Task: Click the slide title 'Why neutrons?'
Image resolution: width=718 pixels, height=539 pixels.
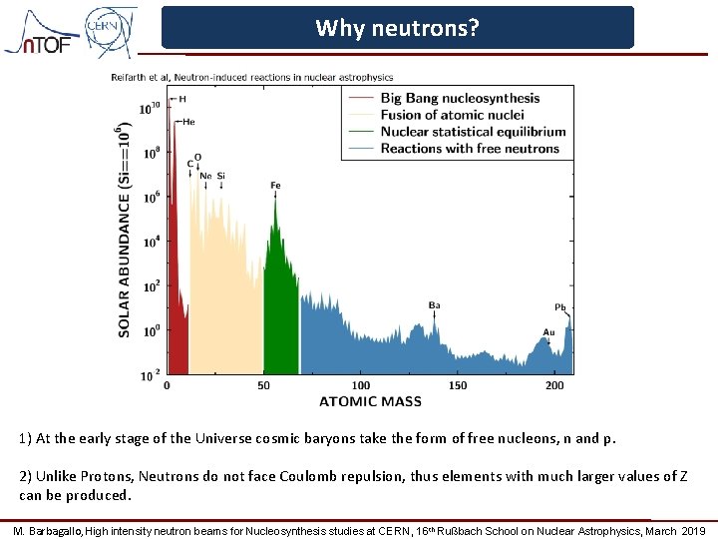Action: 397,28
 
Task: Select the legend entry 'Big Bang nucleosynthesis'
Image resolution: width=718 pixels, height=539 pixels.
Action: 460,98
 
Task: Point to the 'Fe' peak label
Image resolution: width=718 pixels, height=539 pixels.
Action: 276,186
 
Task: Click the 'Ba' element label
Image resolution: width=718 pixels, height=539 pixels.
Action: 435,305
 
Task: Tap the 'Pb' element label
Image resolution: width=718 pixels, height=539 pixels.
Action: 560,306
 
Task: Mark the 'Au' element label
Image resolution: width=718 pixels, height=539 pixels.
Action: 548,332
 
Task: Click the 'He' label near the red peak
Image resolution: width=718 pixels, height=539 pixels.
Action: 188,122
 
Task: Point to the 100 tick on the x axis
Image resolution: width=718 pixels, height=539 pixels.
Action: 361,385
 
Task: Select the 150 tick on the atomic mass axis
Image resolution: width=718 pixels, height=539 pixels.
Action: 457,385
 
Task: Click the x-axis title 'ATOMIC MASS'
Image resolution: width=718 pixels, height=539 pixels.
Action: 370,402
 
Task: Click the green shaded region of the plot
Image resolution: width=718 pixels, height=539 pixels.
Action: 282,319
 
